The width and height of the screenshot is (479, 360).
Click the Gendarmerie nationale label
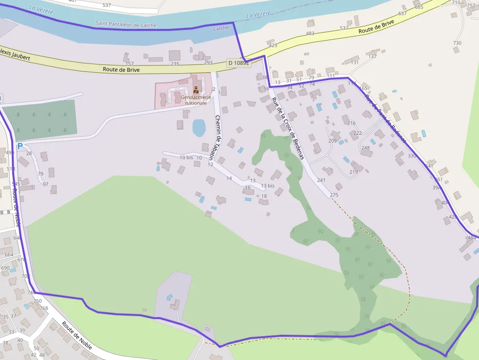196,100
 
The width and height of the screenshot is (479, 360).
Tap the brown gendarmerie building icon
196,89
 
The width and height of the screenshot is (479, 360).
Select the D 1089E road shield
239,63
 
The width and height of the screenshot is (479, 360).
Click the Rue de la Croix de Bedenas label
288,128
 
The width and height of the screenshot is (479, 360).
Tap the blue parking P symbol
20,146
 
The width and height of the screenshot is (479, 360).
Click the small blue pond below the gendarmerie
198,127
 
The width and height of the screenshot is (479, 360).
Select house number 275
334,195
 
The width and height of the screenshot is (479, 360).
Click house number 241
321,180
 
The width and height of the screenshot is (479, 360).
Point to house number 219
354,172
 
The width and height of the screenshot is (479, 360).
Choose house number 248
366,148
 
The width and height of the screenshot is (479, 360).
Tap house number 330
412,156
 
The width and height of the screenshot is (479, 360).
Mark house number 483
310,33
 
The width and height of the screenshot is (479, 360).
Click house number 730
457,43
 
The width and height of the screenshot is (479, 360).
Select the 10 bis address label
186,157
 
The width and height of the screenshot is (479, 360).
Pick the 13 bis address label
268,186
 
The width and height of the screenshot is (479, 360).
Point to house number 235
174,64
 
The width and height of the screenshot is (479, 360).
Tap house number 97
45,184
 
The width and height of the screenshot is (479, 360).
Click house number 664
9,254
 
